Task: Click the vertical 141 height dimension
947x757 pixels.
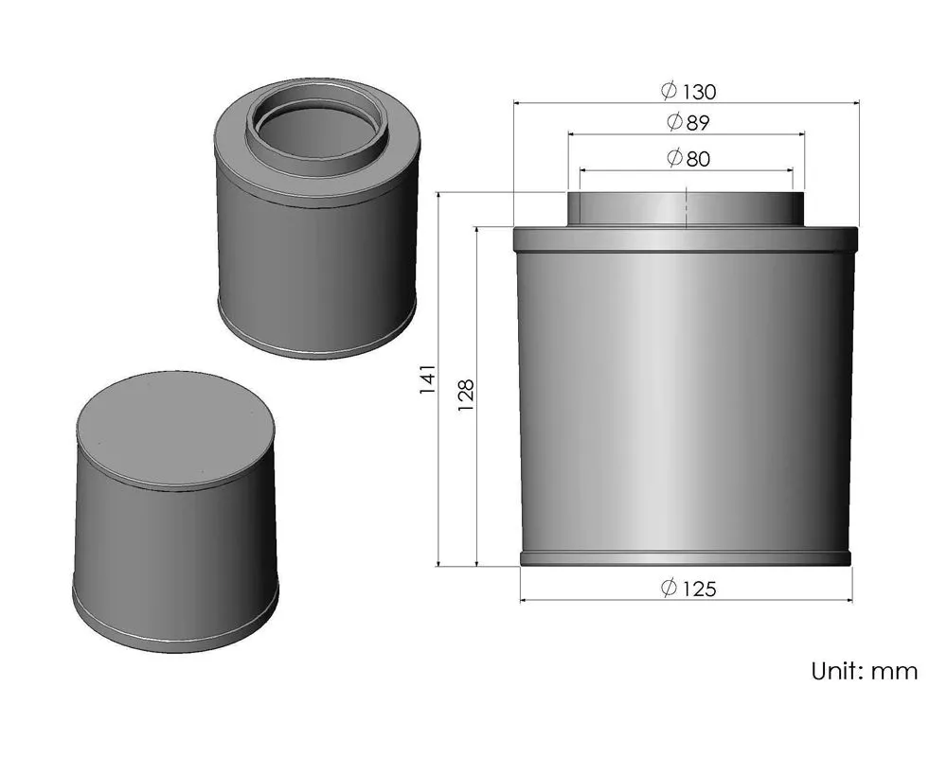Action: [x=428, y=378]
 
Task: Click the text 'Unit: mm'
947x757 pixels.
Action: [x=864, y=671]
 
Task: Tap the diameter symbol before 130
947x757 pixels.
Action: [x=669, y=91]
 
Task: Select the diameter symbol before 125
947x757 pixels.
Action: [x=669, y=589]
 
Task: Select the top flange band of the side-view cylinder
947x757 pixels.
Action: [x=686, y=238]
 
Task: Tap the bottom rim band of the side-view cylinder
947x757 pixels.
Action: [x=686, y=558]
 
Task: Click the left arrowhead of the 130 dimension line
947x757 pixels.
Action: [x=517, y=102]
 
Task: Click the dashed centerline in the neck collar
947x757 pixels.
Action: [x=686, y=210]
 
